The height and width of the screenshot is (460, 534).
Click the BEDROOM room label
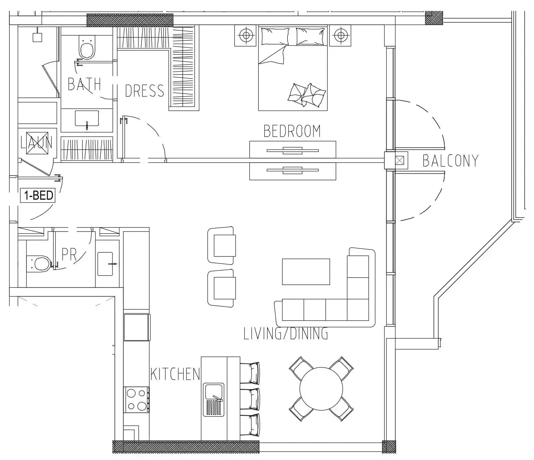tap(292, 131)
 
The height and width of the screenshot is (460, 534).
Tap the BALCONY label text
tap(450, 160)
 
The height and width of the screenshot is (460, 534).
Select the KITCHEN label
tap(175, 374)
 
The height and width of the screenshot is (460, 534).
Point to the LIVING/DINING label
tap(286, 333)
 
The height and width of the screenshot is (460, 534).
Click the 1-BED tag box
tap(38, 195)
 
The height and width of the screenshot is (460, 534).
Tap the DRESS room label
tap(144, 91)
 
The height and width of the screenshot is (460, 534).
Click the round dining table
tap(321, 389)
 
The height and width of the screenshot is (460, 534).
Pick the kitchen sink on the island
tap(213, 400)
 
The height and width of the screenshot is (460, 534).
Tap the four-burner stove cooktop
tap(136, 400)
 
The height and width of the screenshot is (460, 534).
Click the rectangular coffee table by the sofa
tap(306, 272)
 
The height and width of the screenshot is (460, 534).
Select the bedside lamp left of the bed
tap(245, 35)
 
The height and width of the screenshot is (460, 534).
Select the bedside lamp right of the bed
tap(340, 35)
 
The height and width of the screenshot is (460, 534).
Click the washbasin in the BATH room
tap(87, 119)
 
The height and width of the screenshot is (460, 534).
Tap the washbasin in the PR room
tap(105, 264)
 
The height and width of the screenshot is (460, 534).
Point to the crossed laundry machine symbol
tap(37, 143)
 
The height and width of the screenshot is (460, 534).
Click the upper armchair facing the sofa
tap(222, 245)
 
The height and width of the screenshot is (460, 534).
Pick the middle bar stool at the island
tap(250, 399)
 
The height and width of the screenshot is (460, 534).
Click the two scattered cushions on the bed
tap(307, 95)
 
